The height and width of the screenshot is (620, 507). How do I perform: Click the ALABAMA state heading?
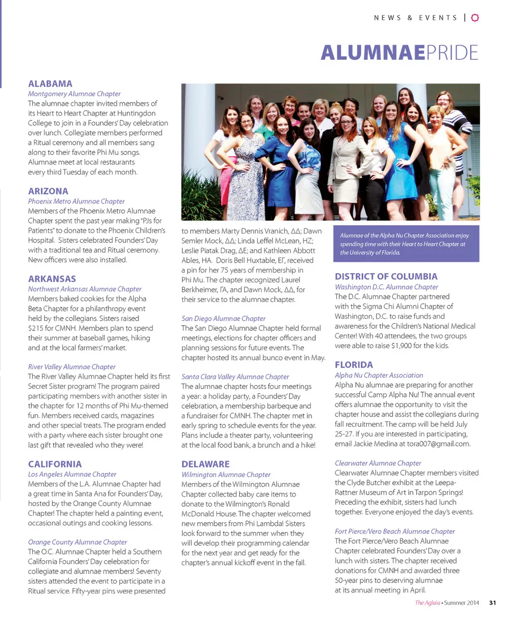pos(50,84)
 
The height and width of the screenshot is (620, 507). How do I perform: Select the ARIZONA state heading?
pos(48,191)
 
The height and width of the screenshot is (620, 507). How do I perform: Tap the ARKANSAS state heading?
pos(52,279)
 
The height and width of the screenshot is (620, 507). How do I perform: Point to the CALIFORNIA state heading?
pos(55,464)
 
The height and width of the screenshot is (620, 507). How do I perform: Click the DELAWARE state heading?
pos(205,464)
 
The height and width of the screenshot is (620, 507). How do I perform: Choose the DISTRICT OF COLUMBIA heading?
pos(386,276)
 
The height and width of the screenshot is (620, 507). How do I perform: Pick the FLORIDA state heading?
pos(354,365)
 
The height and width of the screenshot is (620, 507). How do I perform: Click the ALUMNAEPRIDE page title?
pos(399,53)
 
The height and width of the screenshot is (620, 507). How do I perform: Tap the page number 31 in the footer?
pos(493,603)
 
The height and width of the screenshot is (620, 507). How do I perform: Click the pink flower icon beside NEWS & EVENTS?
pos(474,17)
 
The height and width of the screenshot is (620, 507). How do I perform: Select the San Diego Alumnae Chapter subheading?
pos(223,318)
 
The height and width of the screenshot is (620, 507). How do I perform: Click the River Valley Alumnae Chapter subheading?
pos(72,366)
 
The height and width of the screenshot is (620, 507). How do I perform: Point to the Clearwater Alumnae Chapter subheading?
pos(378,463)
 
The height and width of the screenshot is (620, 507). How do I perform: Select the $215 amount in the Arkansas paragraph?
pos(37,328)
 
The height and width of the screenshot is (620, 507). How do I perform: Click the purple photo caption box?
pos(406,244)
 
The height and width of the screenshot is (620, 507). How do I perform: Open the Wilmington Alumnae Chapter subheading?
pos(226,475)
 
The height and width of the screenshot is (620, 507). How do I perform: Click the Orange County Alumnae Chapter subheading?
pos(78,542)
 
